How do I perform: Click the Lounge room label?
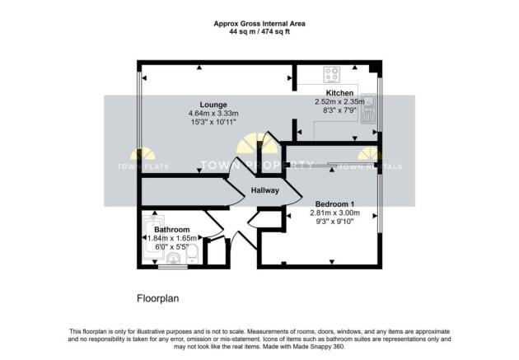213,105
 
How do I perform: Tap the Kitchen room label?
339,93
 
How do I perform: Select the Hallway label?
264,190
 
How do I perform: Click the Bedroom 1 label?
334,204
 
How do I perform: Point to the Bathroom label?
172,229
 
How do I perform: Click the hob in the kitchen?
332,74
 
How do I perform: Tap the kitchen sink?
368,109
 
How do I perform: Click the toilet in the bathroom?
192,254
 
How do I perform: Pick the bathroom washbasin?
173,259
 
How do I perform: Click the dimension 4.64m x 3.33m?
213,113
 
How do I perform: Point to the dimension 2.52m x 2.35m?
339,101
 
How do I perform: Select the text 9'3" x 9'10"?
334,222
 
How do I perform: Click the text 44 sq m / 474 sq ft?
259,32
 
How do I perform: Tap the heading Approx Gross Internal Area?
259,24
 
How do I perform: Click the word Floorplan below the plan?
158,298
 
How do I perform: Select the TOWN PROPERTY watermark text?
257,165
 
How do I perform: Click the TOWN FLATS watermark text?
143,166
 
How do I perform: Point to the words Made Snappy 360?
319,347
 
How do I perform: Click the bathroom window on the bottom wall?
173,266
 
